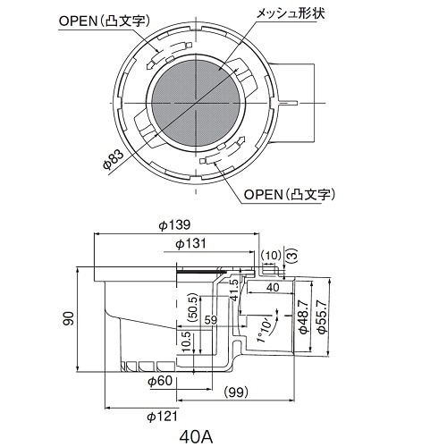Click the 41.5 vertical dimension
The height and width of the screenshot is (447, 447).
click(234, 291)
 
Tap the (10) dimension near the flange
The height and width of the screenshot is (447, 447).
click(271, 255)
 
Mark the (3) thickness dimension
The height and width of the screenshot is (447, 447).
click(290, 255)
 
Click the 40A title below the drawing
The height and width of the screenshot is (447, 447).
click(195, 437)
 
